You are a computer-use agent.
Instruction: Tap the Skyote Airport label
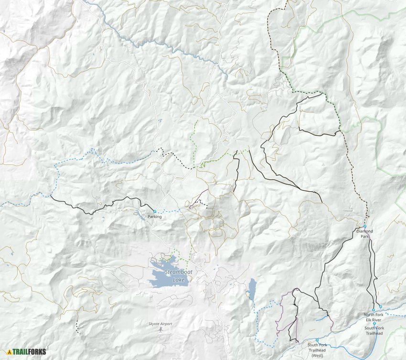tap(160, 324)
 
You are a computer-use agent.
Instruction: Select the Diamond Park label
tap(364, 233)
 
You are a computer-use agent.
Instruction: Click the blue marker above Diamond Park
tap(364, 226)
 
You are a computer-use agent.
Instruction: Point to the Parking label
tap(155, 217)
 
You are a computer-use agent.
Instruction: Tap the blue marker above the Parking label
tap(155, 211)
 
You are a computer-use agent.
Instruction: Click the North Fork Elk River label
tap(374, 317)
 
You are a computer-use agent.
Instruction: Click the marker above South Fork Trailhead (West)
tap(317, 340)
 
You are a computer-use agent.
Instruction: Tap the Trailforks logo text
tap(30, 351)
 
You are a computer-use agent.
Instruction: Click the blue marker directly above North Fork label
tap(374, 310)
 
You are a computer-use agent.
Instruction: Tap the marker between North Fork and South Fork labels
tap(374, 324)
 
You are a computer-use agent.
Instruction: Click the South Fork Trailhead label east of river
tap(374, 330)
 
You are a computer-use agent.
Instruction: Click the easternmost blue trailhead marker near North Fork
tap(381, 306)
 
